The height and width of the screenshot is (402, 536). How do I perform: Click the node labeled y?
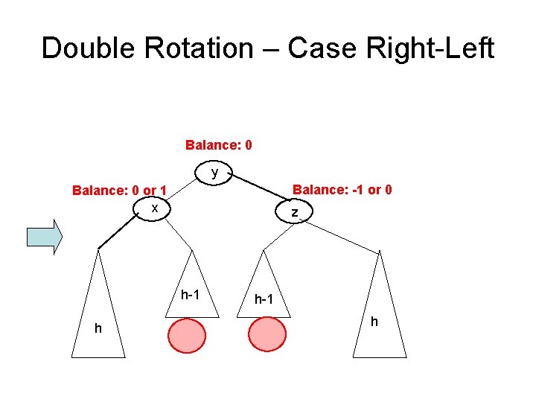pyautogui.click(x=214, y=173)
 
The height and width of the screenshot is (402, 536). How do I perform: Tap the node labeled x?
pyautogui.click(x=154, y=208)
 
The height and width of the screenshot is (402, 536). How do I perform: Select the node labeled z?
pyautogui.click(x=296, y=212)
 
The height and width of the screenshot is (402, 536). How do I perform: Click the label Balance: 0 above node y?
pyautogui.click(x=218, y=144)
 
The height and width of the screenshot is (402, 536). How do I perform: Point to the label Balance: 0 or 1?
pyautogui.click(x=119, y=191)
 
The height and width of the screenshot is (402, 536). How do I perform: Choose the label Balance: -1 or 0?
pyautogui.click(x=342, y=190)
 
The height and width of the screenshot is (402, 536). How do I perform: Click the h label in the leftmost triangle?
pyautogui.click(x=98, y=328)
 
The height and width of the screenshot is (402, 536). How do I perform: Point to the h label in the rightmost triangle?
pyautogui.click(x=374, y=322)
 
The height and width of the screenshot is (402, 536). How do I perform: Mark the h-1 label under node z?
pyautogui.click(x=264, y=300)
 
